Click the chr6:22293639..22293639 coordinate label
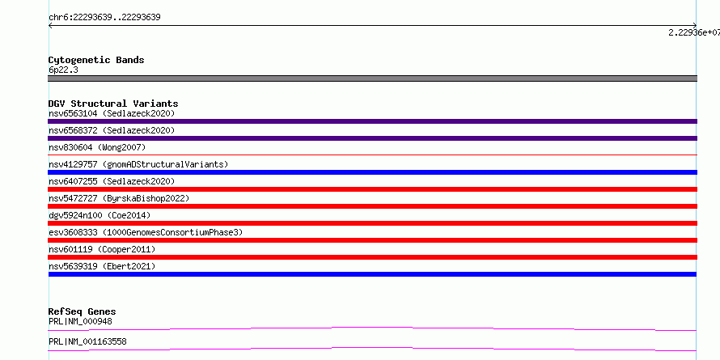point(104,18)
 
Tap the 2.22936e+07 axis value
point(694,32)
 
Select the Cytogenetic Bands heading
point(96,60)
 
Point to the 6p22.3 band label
point(63,70)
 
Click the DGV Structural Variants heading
point(113,104)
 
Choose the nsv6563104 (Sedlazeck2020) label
point(112,113)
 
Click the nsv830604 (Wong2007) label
point(97,147)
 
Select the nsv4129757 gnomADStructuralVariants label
point(138,164)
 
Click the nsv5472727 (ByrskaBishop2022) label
point(119,198)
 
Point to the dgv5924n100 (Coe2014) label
point(100,215)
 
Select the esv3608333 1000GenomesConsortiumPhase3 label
point(146,232)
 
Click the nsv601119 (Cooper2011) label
point(102,249)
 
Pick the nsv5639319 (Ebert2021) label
point(102,266)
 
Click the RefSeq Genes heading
point(83,311)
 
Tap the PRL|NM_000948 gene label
point(80,321)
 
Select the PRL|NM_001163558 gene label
point(87,341)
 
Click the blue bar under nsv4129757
point(372,172)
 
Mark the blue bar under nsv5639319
point(372,274)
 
